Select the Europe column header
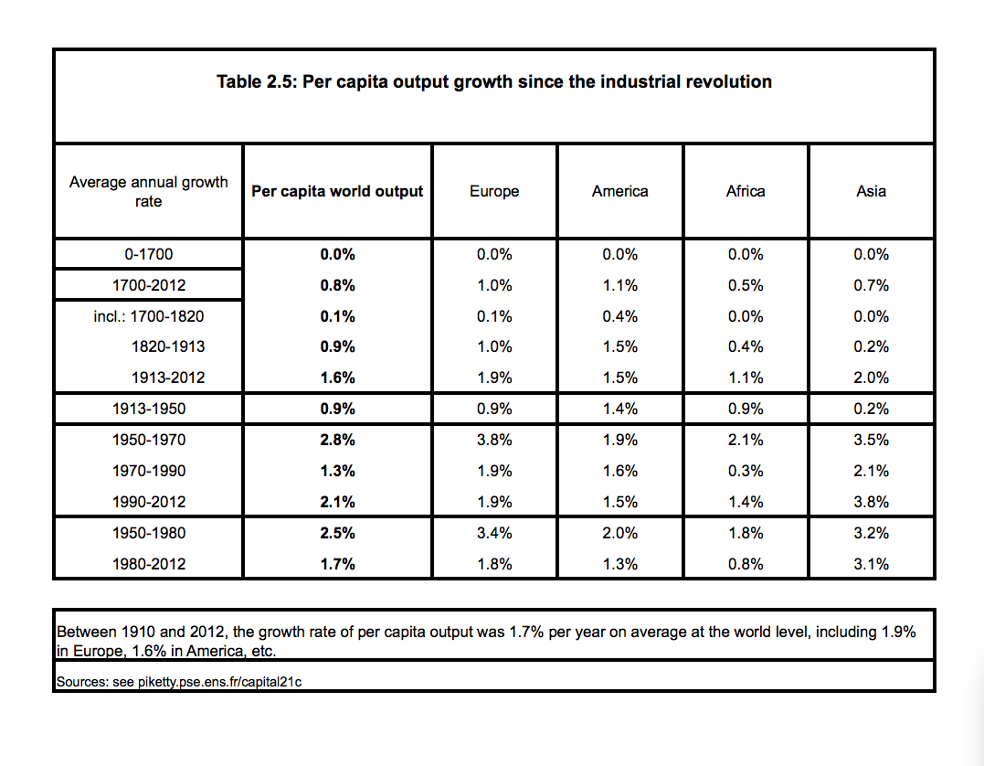[494, 191]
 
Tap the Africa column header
[746, 191]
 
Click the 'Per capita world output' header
[338, 191]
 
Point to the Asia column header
[871, 191]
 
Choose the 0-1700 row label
[149, 254]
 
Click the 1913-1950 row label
[149, 409]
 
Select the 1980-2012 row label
[149, 564]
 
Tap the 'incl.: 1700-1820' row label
[149, 316]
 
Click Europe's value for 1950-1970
[494, 440]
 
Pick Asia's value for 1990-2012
[871, 502]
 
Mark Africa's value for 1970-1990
[746, 471]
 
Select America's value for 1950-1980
[620, 533]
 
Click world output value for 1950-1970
[338, 440]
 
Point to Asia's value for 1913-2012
[871, 378]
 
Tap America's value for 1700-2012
[620, 285]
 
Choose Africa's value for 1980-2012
[746, 564]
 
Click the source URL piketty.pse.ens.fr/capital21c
[219, 682]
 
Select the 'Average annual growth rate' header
[149, 192]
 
